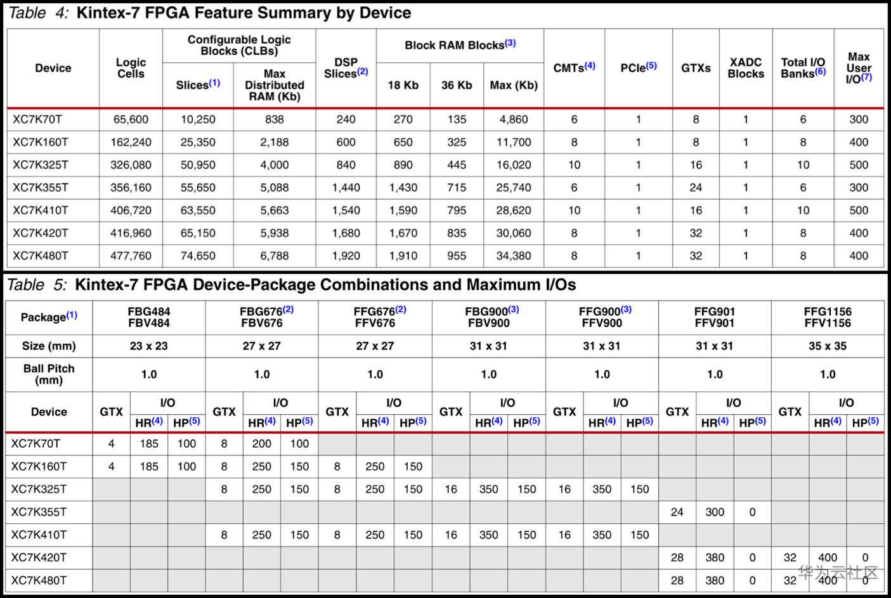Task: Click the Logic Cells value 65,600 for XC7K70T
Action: tap(131, 119)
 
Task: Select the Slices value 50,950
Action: tap(198, 165)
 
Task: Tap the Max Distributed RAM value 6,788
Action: tap(274, 256)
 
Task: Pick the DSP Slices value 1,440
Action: tap(346, 188)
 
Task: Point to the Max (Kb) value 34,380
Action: tap(513, 256)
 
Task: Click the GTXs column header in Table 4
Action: tap(696, 68)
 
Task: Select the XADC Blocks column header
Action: tap(745, 68)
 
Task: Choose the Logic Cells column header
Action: tap(131, 68)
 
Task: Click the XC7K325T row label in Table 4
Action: tap(41, 165)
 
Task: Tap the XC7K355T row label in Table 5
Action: tap(39, 512)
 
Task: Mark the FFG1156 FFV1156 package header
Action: tap(827, 317)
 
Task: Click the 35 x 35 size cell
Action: tap(827, 346)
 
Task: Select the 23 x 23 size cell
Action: tap(148, 346)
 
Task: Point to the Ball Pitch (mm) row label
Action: tap(49, 374)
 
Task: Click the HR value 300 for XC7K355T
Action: tap(714, 512)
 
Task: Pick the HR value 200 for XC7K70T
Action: tap(261, 444)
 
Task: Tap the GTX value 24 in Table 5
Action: tap(677, 512)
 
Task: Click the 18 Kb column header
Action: tap(403, 85)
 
